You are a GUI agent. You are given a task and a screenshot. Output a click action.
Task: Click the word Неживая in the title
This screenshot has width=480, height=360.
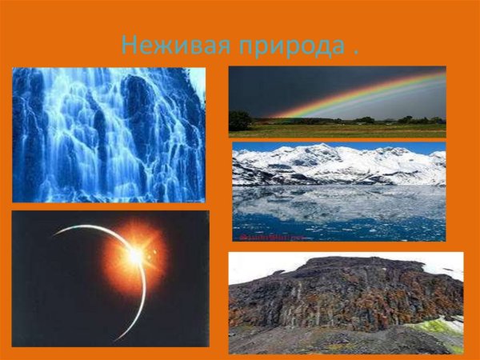click(163, 45)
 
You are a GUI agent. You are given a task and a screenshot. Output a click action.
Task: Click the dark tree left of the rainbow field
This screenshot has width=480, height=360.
click(239, 120)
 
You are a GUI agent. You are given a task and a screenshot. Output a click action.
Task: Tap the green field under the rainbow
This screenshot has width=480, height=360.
click(336, 130)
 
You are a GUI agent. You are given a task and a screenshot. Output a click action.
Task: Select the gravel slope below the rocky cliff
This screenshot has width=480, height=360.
click(320, 340)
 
